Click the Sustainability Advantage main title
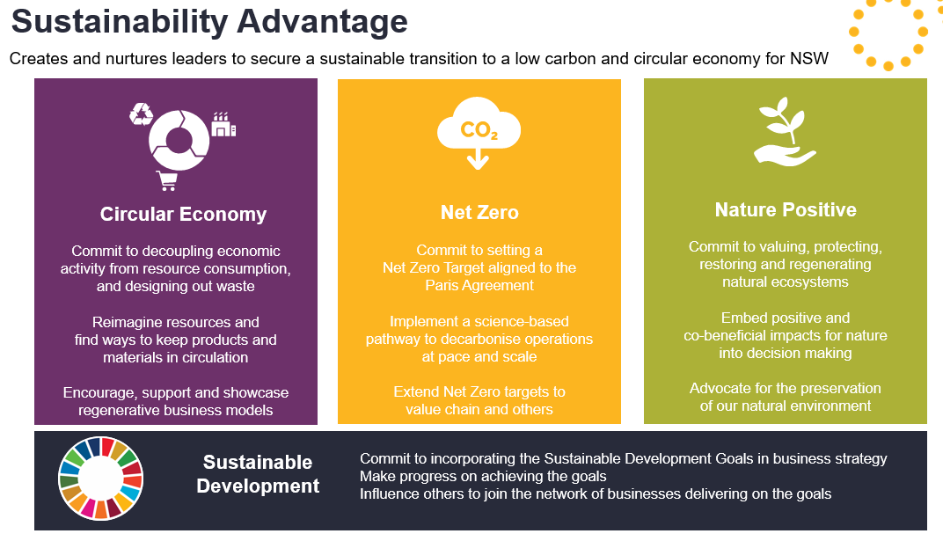click(209, 22)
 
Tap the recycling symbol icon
click(142, 113)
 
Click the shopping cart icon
click(167, 180)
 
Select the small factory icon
click(223, 124)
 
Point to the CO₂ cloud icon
click(479, 124)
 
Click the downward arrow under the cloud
click(479, 158)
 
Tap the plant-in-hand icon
click(785, 131)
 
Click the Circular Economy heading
click(184, 214)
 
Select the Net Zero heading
click(479, 212)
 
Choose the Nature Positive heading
click(786, 209)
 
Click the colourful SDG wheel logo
click(101, 479)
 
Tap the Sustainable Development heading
click(258, 473)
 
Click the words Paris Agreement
click(479, 286)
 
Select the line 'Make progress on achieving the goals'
click(483, 477)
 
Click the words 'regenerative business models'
click(176, 411)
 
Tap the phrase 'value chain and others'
click(479, 409)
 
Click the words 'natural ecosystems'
click(786, 281)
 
